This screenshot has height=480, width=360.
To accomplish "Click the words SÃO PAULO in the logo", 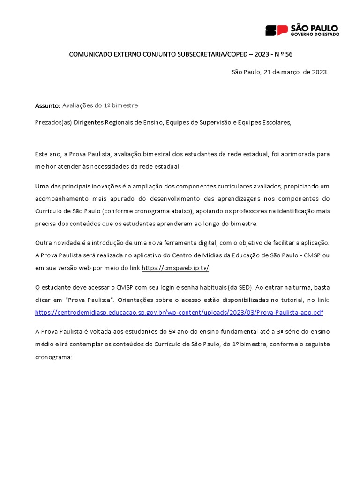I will (x=314, y=28).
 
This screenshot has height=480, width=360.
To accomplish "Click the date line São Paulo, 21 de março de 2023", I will (x=279, y=72).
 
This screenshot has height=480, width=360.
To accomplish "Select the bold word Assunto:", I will (x=48, y=105).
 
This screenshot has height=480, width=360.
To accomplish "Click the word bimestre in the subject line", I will (x=125, y=105).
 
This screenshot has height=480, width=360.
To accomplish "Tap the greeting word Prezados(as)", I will (x=53, y=122).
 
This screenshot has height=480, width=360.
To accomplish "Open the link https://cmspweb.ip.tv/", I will (x=175, y=268).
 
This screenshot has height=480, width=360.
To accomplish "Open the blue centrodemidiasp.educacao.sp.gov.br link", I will (x=179, y=312).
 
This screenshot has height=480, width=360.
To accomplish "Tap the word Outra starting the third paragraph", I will (x=44, y=242).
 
